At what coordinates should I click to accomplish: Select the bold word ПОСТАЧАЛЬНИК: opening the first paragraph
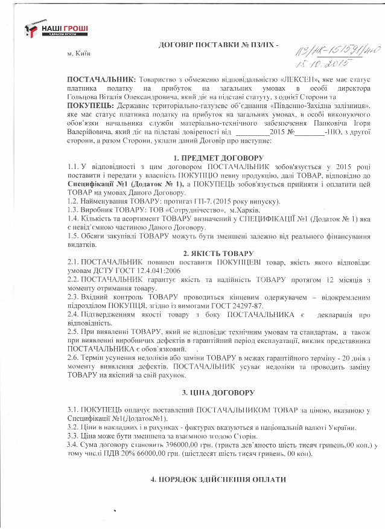(x=101, y=80)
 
